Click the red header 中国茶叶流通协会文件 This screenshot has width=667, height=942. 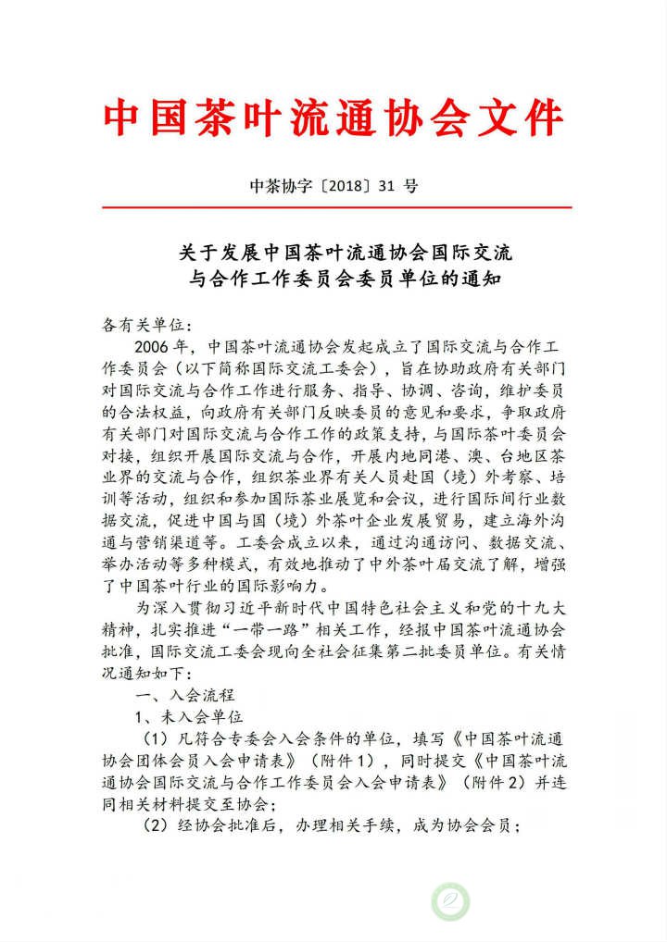tap(333, 118)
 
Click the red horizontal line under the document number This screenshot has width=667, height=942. tap(333, 207)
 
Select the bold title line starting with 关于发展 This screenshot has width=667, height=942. tap(333, 252)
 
